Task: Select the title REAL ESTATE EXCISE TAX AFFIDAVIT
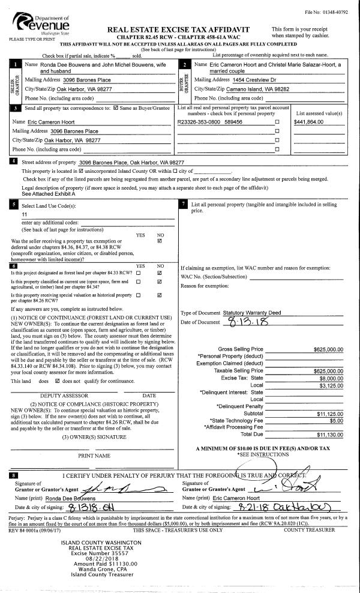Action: [x=178, y=29]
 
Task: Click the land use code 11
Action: [x=25, y=214]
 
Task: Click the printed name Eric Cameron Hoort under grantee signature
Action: [x=236, y=498]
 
